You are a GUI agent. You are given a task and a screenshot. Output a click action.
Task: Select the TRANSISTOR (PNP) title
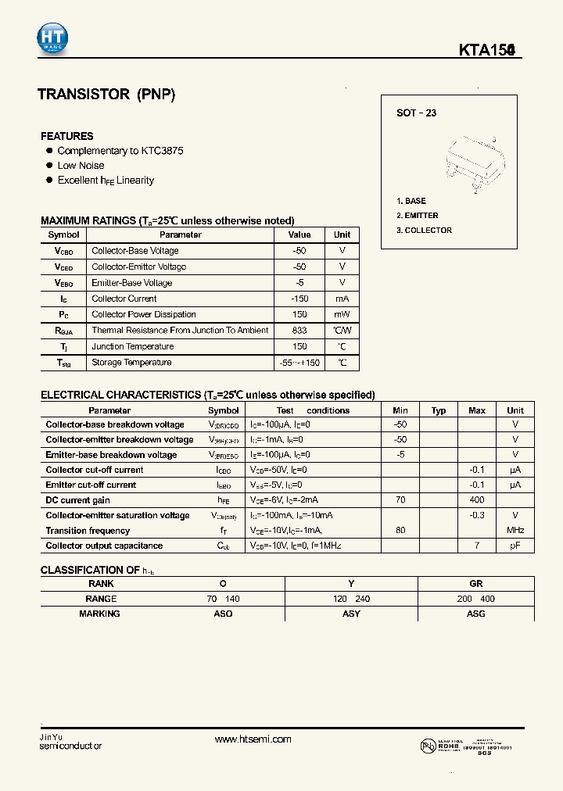(106, 95)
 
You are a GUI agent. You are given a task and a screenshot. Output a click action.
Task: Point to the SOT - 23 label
(416, 113)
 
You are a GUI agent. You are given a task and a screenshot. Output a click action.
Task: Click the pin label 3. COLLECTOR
(424, 230)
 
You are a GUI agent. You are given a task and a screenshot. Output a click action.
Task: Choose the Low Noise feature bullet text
(81, 165)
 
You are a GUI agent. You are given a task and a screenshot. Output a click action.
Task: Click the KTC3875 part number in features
(162, 150)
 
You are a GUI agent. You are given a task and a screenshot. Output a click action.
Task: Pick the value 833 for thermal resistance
(299, 330)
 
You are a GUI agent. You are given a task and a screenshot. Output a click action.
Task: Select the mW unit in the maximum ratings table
(342, 314)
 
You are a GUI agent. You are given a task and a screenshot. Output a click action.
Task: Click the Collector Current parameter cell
(124, 299)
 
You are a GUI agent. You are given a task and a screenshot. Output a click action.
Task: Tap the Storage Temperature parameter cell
(131, 362)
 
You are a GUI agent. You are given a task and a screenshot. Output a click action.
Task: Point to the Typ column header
(439, 410)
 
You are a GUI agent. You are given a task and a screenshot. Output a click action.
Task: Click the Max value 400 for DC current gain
(476, 500)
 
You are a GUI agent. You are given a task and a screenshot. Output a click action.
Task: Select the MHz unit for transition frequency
(515, 531)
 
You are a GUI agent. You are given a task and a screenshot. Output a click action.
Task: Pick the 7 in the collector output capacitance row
(476, 546)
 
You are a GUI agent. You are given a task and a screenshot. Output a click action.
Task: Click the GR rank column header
(475, 584)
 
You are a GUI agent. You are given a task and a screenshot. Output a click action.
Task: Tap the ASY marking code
(351, 614)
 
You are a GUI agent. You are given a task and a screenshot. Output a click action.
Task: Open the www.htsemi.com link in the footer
(253, 739)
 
